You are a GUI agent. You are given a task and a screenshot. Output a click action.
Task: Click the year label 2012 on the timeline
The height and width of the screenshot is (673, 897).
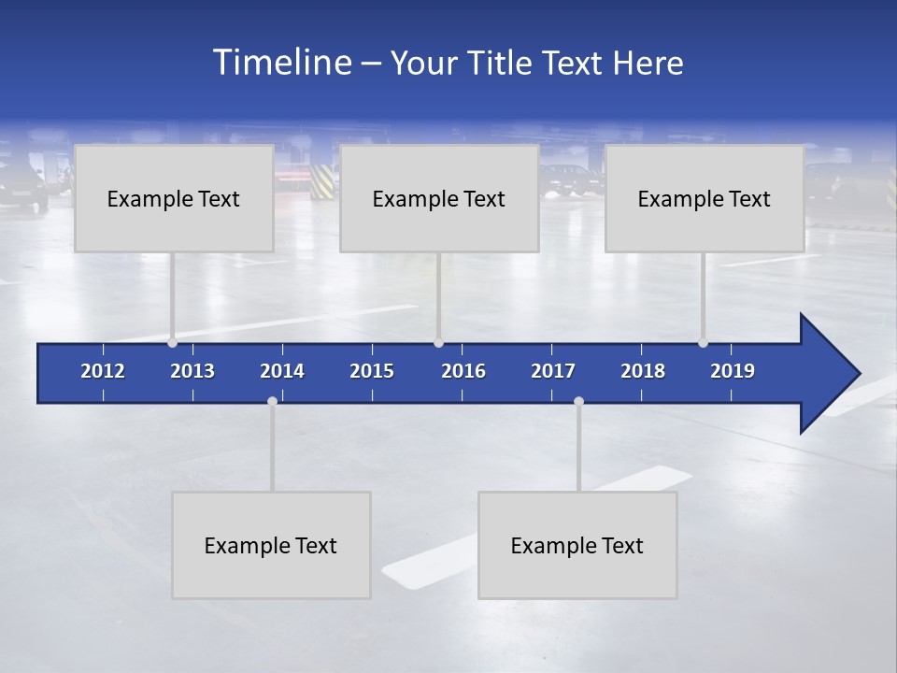[x=103, y=371]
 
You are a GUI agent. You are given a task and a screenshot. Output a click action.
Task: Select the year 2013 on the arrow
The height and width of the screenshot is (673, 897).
[x=192, y=371]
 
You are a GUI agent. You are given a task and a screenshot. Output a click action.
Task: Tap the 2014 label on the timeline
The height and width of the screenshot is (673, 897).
[x=282, y=371]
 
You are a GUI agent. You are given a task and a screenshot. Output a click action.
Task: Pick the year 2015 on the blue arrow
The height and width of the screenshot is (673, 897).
[x=372, y=371]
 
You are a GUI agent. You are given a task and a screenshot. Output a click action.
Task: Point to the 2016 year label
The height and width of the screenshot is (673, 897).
[x=463, y=371]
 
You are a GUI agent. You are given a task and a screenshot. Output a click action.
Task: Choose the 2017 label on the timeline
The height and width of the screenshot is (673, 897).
[x=553, y=371]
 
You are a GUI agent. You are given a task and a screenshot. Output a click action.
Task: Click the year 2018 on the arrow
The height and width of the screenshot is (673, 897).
[x=643, y=371]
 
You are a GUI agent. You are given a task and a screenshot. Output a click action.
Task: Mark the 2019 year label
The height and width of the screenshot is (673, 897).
[x=733, y=371]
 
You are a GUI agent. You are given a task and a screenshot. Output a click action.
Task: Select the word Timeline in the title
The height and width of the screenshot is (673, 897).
[x=282, y=63]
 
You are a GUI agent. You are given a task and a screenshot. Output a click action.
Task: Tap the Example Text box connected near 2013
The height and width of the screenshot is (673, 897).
[x=174, y=198]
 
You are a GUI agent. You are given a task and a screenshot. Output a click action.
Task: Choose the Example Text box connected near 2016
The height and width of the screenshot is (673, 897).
[x=439, y=198]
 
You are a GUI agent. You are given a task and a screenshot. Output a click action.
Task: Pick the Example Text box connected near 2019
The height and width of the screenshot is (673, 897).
[x=705, y=198]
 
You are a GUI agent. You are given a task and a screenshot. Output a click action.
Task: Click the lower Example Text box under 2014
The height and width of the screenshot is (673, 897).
[x=271, y=545]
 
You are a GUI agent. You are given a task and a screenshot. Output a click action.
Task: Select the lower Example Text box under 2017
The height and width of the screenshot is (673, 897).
[x=577, y=545]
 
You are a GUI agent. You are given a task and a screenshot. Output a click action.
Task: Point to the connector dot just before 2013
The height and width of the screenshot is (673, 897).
[x=173, y=342]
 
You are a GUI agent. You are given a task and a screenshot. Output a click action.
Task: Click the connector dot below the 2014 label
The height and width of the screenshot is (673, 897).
[x=272, y=402]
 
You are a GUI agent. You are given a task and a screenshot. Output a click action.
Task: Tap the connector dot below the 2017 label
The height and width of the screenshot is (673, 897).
[x=578, y=402]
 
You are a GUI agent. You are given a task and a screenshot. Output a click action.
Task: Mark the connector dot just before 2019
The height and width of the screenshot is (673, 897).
[x=703, y=342]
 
